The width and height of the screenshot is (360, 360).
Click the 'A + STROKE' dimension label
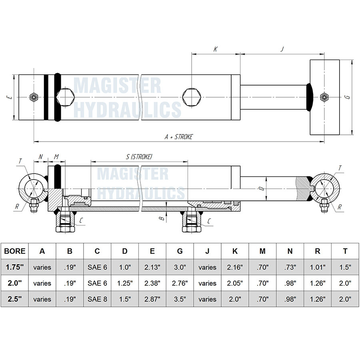click(179, 137)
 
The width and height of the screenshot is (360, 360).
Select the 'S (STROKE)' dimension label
click(139, 157)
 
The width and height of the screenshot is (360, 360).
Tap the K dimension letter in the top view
click(216, 49)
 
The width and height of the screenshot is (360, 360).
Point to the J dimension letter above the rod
click(282, 49)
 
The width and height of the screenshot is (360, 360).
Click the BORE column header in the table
click(14, 251)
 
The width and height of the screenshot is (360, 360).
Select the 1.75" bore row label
click(14, 267)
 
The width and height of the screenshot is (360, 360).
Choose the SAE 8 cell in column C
click(97, 299)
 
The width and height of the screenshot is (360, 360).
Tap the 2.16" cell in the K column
click(235, 267)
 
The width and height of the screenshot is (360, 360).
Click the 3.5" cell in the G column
click(180, 299)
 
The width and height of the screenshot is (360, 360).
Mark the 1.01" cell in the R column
click(318, 267)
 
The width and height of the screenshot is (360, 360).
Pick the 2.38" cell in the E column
click(152, 283)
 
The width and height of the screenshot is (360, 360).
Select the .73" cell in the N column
click(290, 267)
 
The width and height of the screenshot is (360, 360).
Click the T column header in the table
click(345, 251)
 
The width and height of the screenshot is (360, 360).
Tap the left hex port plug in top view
click(65, 97)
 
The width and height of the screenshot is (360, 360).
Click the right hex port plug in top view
click(190, 97)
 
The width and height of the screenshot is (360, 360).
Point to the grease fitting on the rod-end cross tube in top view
click(324, 97)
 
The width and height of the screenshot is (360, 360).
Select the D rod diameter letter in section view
click(260, 188)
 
